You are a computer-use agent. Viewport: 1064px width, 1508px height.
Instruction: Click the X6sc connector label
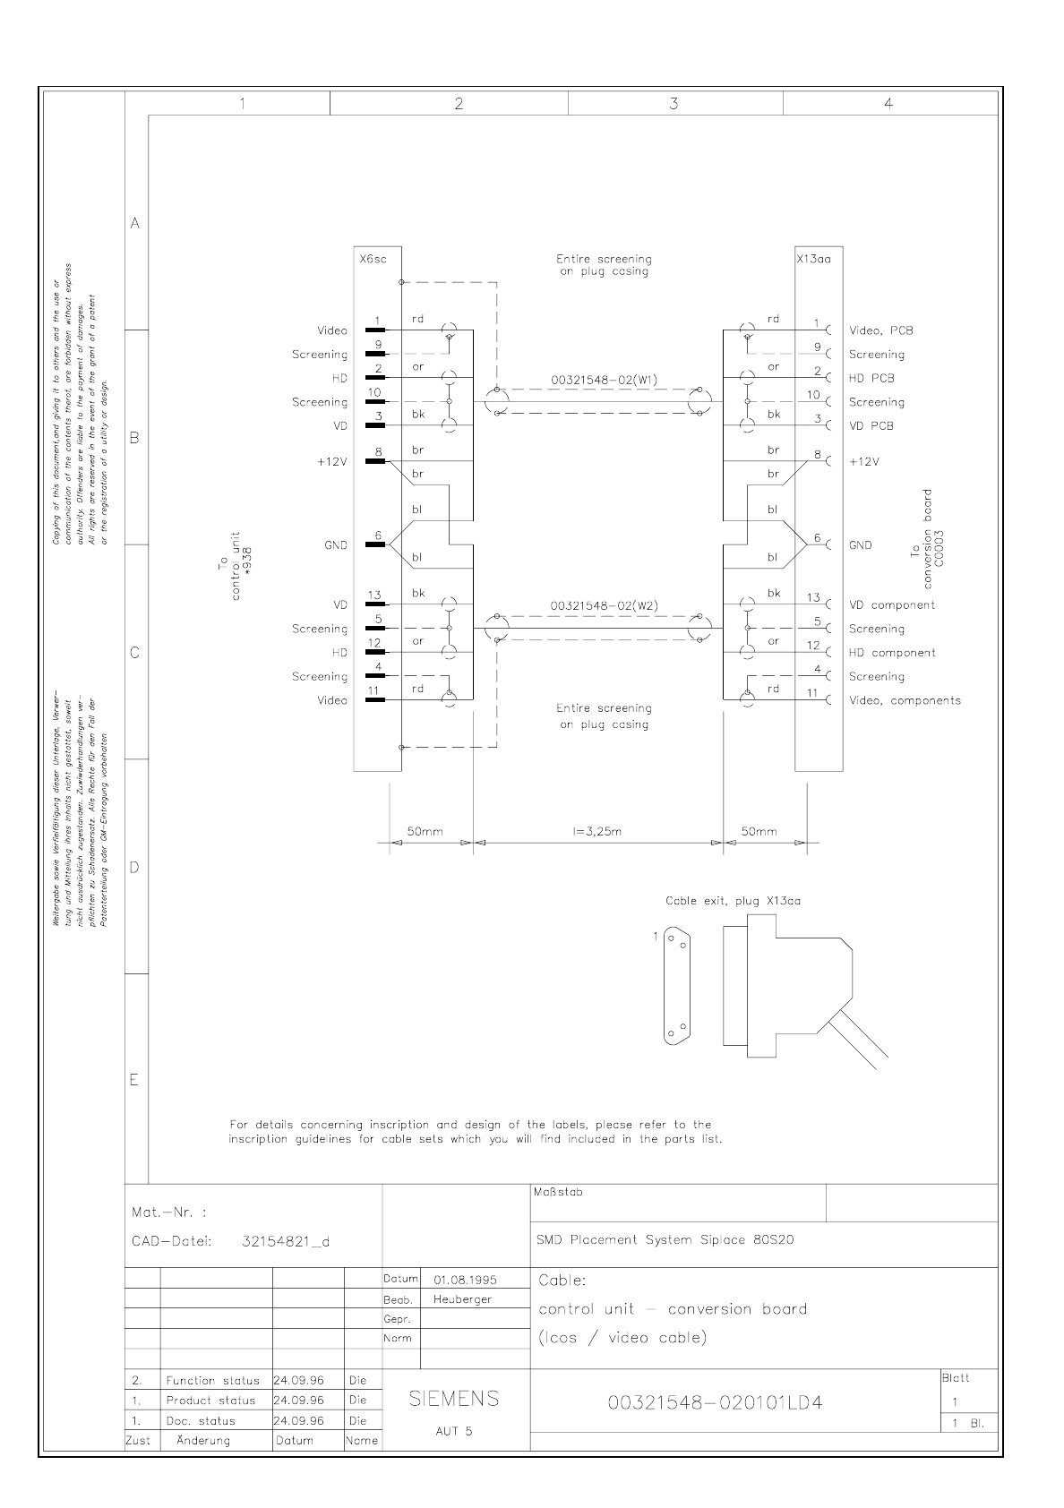coord(373,260)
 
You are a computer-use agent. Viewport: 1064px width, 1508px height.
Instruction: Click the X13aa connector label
coord(813,260)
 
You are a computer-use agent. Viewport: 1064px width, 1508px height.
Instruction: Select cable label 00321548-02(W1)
coord(604,380)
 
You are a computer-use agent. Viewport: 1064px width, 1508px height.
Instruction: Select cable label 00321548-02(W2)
coord(604,606)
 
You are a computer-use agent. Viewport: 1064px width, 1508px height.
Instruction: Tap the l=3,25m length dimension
coord(596,831)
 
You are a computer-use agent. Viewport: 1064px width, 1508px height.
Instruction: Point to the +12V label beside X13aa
coord(863,462)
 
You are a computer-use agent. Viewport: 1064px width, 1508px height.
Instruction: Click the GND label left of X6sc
coord(336,545)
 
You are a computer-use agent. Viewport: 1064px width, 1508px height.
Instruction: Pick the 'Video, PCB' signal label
coord(880,330)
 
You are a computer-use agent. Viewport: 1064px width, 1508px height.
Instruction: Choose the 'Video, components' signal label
coord(905,701)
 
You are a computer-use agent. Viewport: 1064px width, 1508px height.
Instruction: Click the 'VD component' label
coord(891,605)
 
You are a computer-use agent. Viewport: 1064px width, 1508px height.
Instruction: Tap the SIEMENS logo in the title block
coord(454,1399)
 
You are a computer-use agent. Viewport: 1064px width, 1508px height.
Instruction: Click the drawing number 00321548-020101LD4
coord(715,1402)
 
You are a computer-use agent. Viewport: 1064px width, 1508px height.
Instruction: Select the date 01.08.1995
coord(465,1280)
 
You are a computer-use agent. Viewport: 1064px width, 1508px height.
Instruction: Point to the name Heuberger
coord(462,1299)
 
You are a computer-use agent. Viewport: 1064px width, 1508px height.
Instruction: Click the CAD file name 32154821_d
coord(286,1242)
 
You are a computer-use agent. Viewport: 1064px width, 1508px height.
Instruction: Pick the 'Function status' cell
coord(212,1381)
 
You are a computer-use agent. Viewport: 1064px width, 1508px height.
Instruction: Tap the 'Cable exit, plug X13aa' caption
coord(733,901)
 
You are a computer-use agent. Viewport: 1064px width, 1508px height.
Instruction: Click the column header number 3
coord(674,104)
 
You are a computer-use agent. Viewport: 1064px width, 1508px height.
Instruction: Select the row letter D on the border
coord(135,867)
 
